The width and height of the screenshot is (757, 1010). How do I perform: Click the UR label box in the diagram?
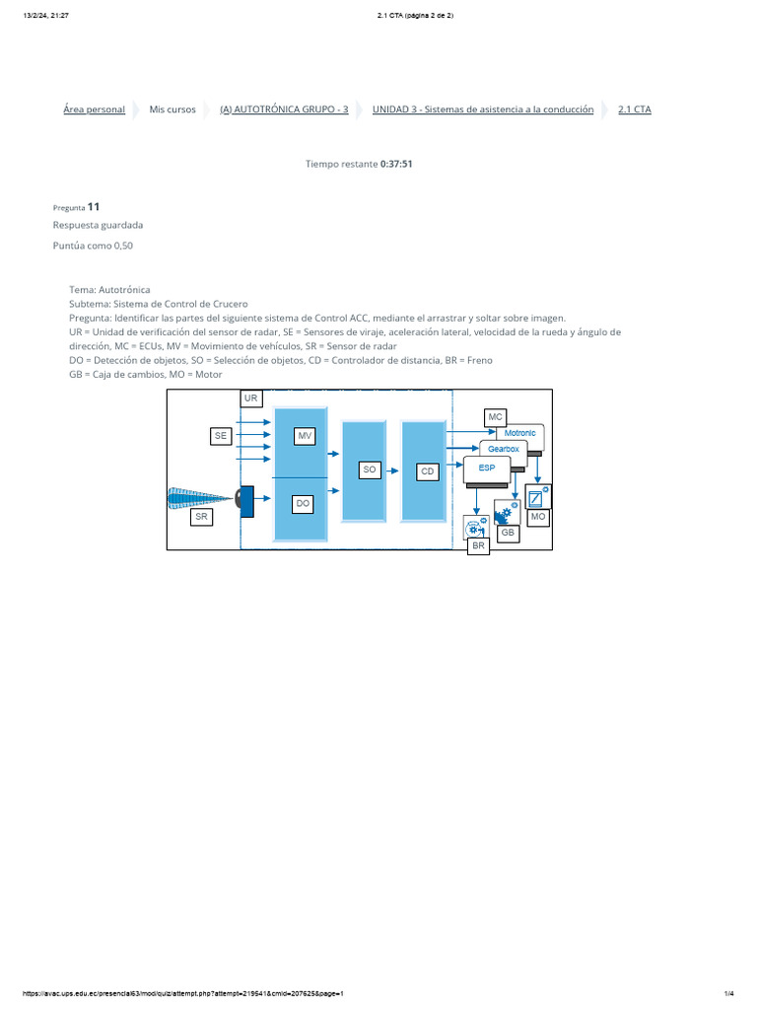pos(251,398)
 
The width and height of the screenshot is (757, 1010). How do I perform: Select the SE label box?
pos(220,435)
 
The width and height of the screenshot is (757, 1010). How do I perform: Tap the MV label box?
pos(304,436)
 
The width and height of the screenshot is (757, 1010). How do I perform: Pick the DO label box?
pos(304,503)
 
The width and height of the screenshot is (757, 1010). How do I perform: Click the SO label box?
pos(370,470)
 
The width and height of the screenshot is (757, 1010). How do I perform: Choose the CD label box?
pos(427,471)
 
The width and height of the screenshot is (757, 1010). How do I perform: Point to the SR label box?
pos(201,517)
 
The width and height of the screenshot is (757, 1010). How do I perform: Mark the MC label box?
pos(495,417)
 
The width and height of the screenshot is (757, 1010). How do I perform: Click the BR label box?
pos(478,545)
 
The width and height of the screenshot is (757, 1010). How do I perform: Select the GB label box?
pos(508,533)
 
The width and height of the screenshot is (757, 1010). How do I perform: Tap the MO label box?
pos(537,517)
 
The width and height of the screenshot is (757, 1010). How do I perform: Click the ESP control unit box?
pos(487,469)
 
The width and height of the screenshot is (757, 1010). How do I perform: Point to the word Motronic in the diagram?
pos(519,433)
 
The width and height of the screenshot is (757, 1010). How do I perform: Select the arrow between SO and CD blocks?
pos(391,470)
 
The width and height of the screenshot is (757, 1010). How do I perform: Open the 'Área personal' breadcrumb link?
pos(94,109)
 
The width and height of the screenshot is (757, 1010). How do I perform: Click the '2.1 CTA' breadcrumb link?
pos(634,109)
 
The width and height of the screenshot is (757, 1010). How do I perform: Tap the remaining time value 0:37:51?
pos(396,164)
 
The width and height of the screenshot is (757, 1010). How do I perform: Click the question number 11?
pos(93,207)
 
